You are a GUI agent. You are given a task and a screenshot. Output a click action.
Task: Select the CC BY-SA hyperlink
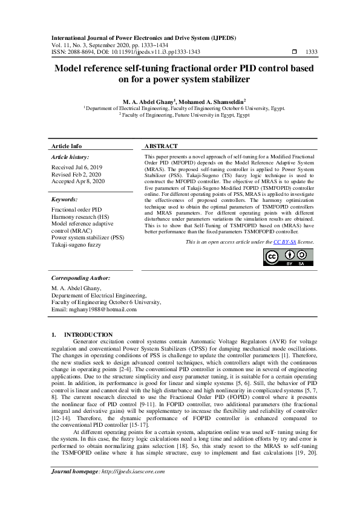click(284, 242)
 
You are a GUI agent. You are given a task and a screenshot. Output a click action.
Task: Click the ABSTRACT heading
click(161, 146)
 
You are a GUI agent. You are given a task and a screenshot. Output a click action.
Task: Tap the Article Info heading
click(67, 146)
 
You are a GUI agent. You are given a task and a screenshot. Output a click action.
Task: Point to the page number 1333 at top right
click(312, 52)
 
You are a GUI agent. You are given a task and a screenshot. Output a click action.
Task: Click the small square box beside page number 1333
click(294, 52)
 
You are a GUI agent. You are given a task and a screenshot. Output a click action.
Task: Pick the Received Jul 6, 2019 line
click(77, 167)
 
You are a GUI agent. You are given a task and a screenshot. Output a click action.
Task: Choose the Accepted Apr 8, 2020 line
click(78, 181)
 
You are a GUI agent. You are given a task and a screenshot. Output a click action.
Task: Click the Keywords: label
click(65, 199)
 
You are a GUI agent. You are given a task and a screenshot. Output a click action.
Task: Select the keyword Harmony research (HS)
click(80, 216)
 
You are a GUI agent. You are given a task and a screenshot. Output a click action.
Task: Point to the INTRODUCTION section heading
click(88, 334)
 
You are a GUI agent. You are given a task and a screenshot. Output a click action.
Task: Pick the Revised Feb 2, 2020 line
click(77, 174)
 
